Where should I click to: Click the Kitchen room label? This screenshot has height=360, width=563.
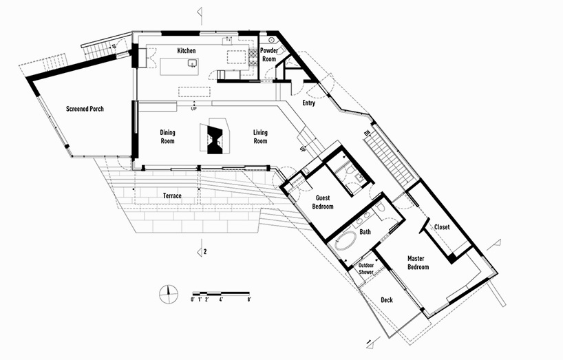[x=187, y=51]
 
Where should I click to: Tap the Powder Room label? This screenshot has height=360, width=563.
[x=268, y=55]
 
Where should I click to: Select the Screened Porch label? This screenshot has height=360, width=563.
[x=85, y=109]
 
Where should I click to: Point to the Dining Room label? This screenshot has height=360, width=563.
[x=167, y=137]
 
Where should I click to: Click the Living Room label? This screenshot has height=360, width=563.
[x=259, y=137]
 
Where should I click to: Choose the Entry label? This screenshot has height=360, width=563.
[x=308, y=103]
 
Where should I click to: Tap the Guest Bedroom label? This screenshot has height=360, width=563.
[x=323, y=202]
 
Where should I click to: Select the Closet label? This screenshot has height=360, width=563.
[x=442, y=227]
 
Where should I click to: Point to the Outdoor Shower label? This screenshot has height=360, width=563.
[x=365, y=269]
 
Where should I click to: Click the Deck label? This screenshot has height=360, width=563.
[x=387, y=299]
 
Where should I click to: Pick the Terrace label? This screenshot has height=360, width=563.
[x=171, y=196]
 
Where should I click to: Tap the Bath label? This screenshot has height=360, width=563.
[x=365, y=232]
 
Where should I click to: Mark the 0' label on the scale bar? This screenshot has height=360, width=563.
[x=193, y=300]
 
